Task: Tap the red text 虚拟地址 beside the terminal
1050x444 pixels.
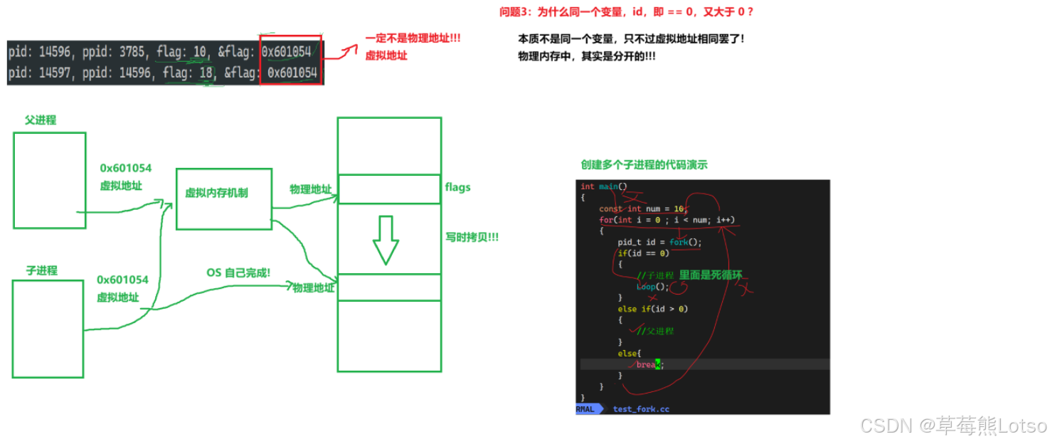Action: [386, 55]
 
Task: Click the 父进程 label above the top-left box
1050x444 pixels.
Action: [41, 120]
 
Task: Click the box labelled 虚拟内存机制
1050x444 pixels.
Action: [223, 199]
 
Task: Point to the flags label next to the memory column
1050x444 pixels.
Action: [457, 187]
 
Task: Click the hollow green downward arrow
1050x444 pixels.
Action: [386, 239]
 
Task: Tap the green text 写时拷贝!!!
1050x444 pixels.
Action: [471, 237]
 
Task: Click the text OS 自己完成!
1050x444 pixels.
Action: [238, 273]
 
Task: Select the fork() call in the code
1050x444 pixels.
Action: [685, 242]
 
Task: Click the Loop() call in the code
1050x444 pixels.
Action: [652, 287]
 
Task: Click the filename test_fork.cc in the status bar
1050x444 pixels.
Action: [641, 409]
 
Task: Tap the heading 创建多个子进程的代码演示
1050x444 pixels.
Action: [644, 165]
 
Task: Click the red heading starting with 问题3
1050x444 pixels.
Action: [626, 12]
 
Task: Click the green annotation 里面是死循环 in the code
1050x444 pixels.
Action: [711, 275]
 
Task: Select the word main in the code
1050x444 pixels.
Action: [608, 186]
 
